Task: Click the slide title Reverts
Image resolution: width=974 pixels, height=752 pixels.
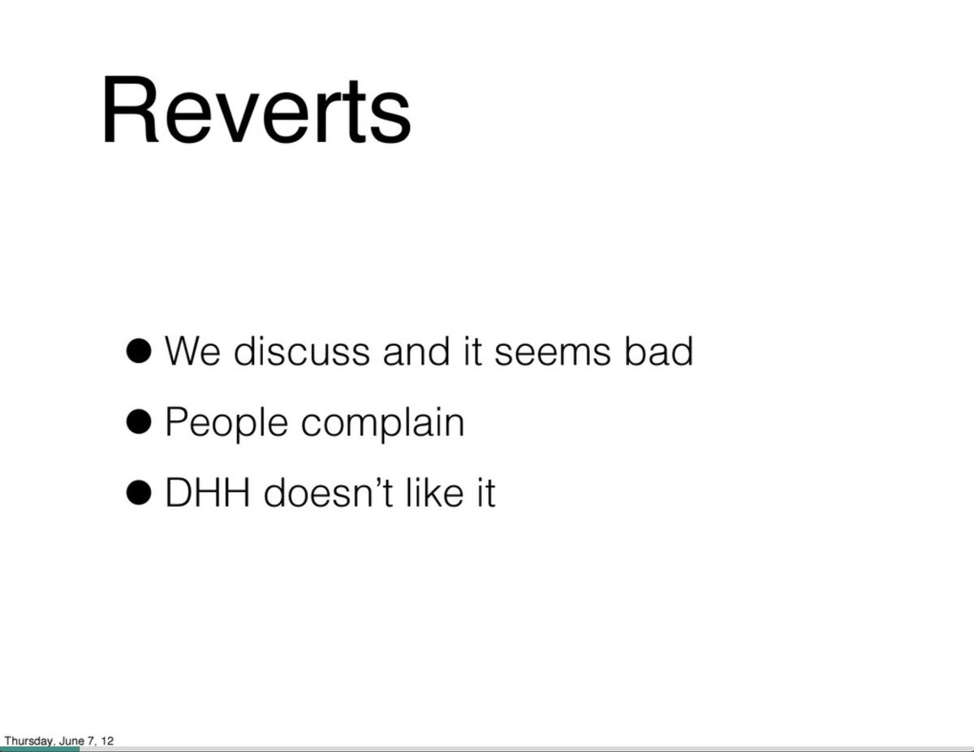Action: tap(256, 111)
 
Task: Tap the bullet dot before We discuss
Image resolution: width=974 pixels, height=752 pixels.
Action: tap(139, 352)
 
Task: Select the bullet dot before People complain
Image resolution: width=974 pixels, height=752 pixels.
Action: tap(139, 422)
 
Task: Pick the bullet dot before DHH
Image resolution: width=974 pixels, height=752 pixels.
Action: tap(139, 493)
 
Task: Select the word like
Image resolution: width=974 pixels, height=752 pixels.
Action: tap(433, 493)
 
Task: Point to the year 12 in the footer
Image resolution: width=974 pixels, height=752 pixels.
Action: tap(107, 741)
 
